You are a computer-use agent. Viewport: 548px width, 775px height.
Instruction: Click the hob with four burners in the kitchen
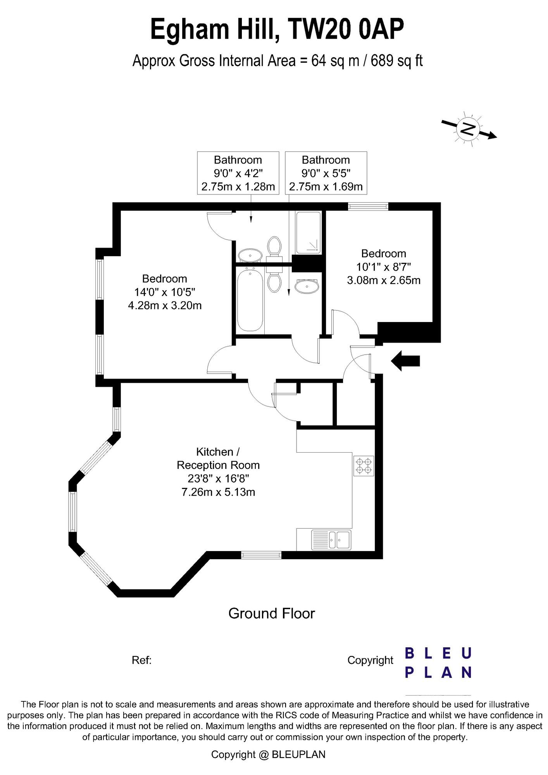pos(364,466)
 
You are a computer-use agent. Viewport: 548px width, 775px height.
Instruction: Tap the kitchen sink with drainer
pos(331,540)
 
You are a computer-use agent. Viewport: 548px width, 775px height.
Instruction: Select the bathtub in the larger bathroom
pos(250,301)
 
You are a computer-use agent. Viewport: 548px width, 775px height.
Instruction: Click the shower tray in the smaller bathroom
pos(308,233)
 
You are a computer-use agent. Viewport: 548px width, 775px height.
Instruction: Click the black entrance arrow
pos(405,361)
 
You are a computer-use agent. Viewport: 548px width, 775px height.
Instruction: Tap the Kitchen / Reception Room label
pos(218,458)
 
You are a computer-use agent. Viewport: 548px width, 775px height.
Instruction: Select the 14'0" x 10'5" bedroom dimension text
pos(165,292)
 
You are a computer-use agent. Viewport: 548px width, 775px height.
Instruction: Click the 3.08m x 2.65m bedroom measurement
pos(384,280)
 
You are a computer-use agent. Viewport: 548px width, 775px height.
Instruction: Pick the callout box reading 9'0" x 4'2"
pos(238,173)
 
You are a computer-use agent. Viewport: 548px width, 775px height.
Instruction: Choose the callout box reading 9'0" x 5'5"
pos(326,173)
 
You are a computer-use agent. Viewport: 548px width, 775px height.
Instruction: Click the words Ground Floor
pos(272,613)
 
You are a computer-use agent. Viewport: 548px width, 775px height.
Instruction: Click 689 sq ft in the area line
pos(396,61)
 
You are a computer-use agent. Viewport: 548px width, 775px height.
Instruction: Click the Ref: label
pos(141,660)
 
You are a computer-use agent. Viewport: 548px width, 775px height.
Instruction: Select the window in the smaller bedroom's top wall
pos(368,207)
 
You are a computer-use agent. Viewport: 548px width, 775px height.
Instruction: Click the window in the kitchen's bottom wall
pos(261,555)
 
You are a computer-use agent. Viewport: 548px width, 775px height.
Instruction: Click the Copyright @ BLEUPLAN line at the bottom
pos(268,754)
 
